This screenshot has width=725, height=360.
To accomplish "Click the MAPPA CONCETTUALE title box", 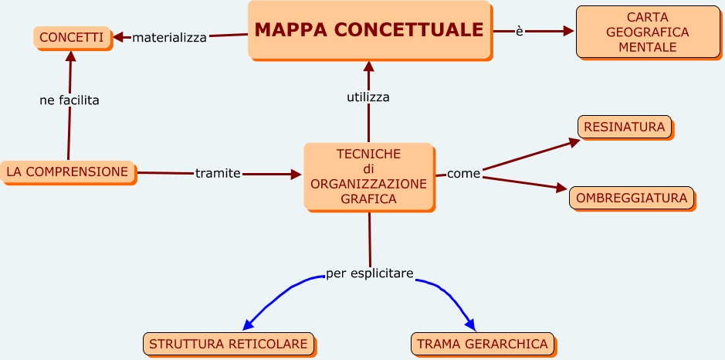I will pyautogui.click(x=369, y=30).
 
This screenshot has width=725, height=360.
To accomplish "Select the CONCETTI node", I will pyautogui.click(x=72, y=37).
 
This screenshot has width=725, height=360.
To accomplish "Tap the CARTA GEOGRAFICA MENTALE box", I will pyautogui.click(x=647, y=32).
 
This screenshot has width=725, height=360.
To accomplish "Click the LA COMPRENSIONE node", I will pyautogui.click(x=67, y=172).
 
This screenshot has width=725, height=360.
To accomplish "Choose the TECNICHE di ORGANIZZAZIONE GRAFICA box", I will pyautogui.click(x=368, y=176).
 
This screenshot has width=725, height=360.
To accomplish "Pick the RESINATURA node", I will pyautogui.click(x=625, y=126).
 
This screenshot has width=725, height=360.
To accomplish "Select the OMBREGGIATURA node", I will pyautogui.click(x=632, y=198).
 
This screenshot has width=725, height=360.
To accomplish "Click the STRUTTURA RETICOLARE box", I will pyautogui.click(x=229, y=344).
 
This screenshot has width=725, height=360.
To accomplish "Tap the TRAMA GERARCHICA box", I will pyautogui.click(x=483, y=344).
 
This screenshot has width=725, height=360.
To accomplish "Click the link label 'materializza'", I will pyautogui.click(x=169, y=37).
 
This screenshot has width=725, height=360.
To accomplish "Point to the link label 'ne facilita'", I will pyautogui.click(x=69, y=100).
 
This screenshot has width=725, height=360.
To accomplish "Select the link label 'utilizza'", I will pyautogui.click(x=368, y=97).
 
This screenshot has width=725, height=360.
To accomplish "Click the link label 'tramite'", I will pyautogui.click(x=218, y=173).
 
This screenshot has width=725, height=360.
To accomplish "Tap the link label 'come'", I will pyautogui.click(x=463, y=174).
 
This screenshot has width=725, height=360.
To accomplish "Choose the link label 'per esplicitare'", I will pyautogui.click(x=370, y=273).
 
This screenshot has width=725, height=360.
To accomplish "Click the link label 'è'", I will pyautogui.click(x=520, y=31).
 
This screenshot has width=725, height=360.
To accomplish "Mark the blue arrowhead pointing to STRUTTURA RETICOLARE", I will pyautogui.click(x=249, y=324).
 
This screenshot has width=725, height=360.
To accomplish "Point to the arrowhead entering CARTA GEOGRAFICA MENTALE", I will pyautogui.click(x=569, y=32).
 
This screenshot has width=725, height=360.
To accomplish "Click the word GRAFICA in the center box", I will pyautogui.click(x=368, y=199).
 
